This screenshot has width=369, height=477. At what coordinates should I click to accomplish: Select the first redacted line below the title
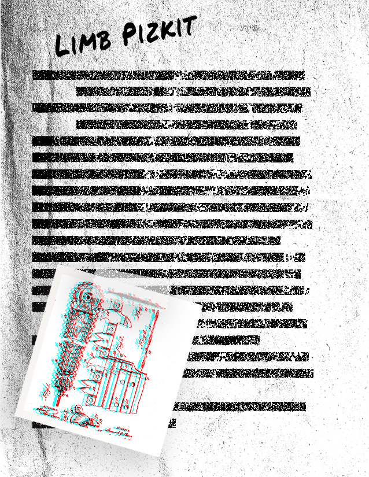(168, 75)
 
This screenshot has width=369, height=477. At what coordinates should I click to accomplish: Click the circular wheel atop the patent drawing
(87, 295)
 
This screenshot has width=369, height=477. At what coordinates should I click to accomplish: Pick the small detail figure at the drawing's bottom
(78, 414)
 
